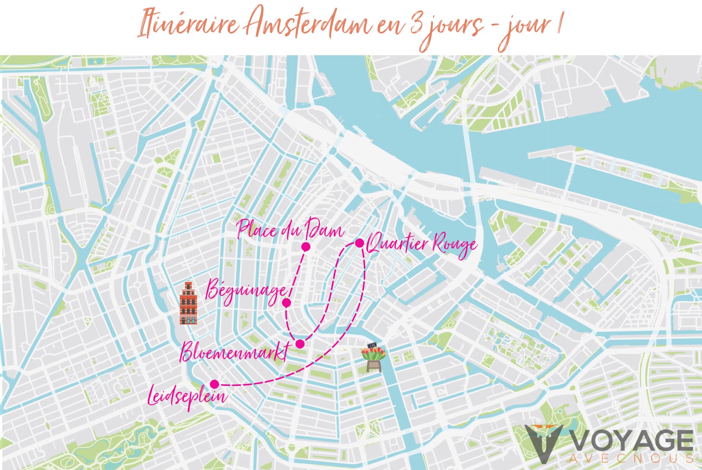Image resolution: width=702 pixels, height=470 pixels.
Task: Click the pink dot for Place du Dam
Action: [x=306, y=247]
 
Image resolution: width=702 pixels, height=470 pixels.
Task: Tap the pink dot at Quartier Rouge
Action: [x=359, y=243]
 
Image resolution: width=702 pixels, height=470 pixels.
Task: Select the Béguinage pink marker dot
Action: [x=287, y=302]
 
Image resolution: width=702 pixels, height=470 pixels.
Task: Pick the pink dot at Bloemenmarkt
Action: [x=300, y=344]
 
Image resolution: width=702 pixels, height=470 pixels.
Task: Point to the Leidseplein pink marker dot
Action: [x=215, y=384]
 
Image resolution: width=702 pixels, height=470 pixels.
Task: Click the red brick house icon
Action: [x=188, y=303]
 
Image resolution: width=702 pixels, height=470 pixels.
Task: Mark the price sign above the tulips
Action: [x=373, y=345]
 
